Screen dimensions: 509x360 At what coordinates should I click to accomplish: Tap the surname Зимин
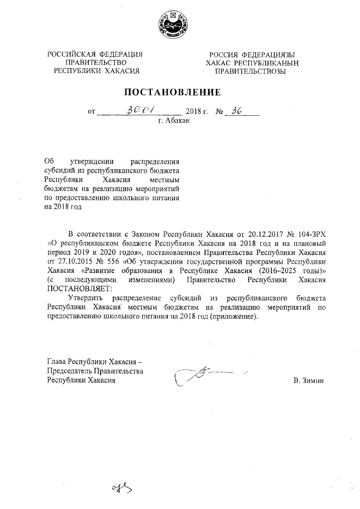(314, 381)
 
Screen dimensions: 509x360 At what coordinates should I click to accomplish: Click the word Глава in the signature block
(57, 362)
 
